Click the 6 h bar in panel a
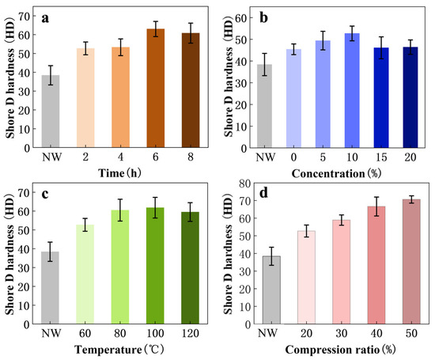coord(156,88)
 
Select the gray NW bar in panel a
coord(51,112)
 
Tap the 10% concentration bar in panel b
coord(352,90)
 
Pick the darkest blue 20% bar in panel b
coord(410,97)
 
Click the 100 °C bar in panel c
coord(155,266)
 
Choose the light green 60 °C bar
coord(85,275)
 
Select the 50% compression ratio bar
coord(411,261)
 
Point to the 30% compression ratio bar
coord(341,272)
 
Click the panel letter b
coord(263,17)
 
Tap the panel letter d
coord(263,192)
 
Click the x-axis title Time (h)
coord(120,173)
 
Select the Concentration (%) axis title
coord(336,174)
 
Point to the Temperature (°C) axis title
coord(119,350)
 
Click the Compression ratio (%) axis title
coord(340,350)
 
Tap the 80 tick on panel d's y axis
coord(244,184)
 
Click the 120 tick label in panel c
coord(191,333)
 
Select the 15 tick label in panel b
coord(381,157)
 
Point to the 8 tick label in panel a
coord(191,157)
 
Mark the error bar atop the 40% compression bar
coord(376,207)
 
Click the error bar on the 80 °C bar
coord(120,210)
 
